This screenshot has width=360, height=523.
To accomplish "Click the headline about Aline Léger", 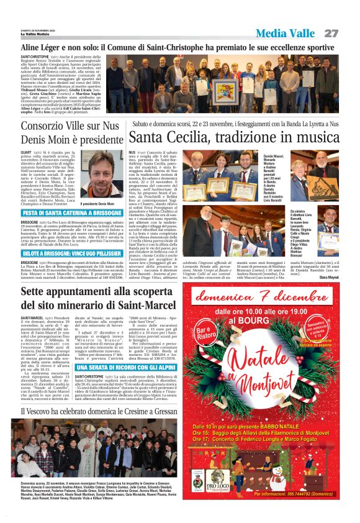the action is tap(178, 47).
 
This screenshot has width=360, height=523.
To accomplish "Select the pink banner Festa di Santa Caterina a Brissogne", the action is tap(71, 213).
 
